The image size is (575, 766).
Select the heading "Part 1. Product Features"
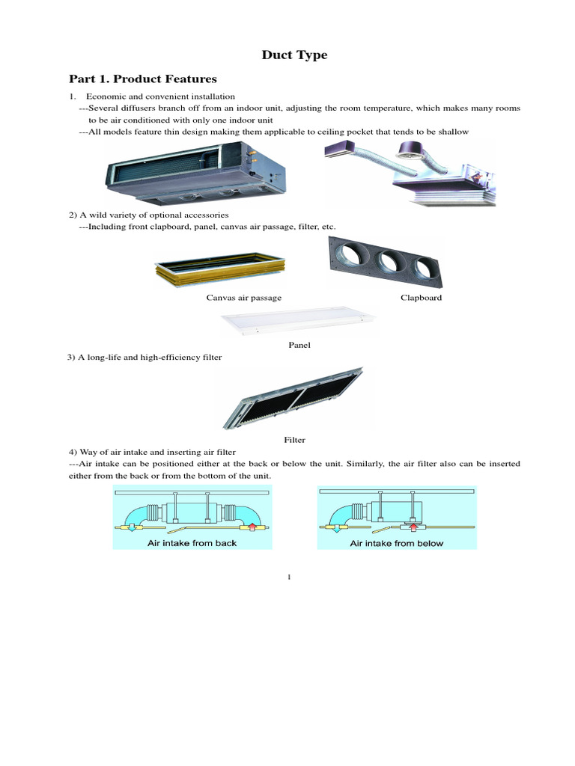click(143, 79)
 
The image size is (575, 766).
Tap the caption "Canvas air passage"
click(244, 298)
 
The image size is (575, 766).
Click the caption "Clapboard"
click(421, 298)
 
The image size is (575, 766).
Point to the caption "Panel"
click(299, 346)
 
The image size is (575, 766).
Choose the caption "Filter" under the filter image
click(294, 440)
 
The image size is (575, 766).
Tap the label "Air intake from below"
click(397, 543)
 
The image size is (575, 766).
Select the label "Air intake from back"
click(192, 543)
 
